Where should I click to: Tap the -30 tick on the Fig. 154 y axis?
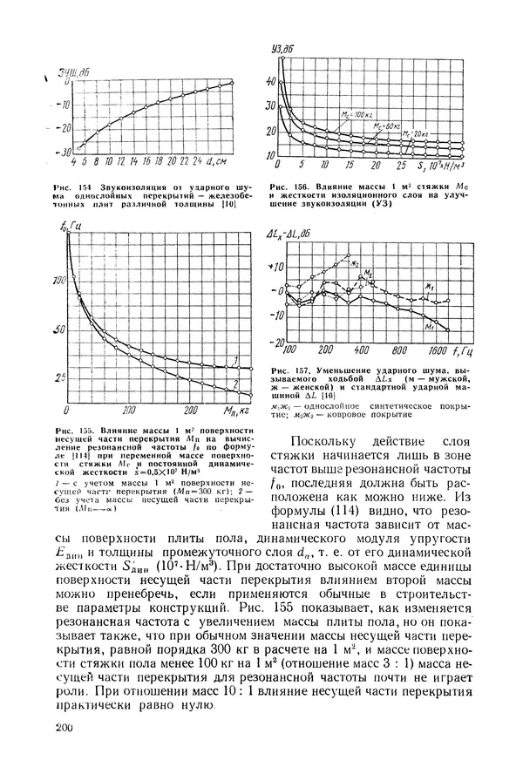tap(63, 152)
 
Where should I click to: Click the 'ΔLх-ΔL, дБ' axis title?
tap(294, 235)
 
